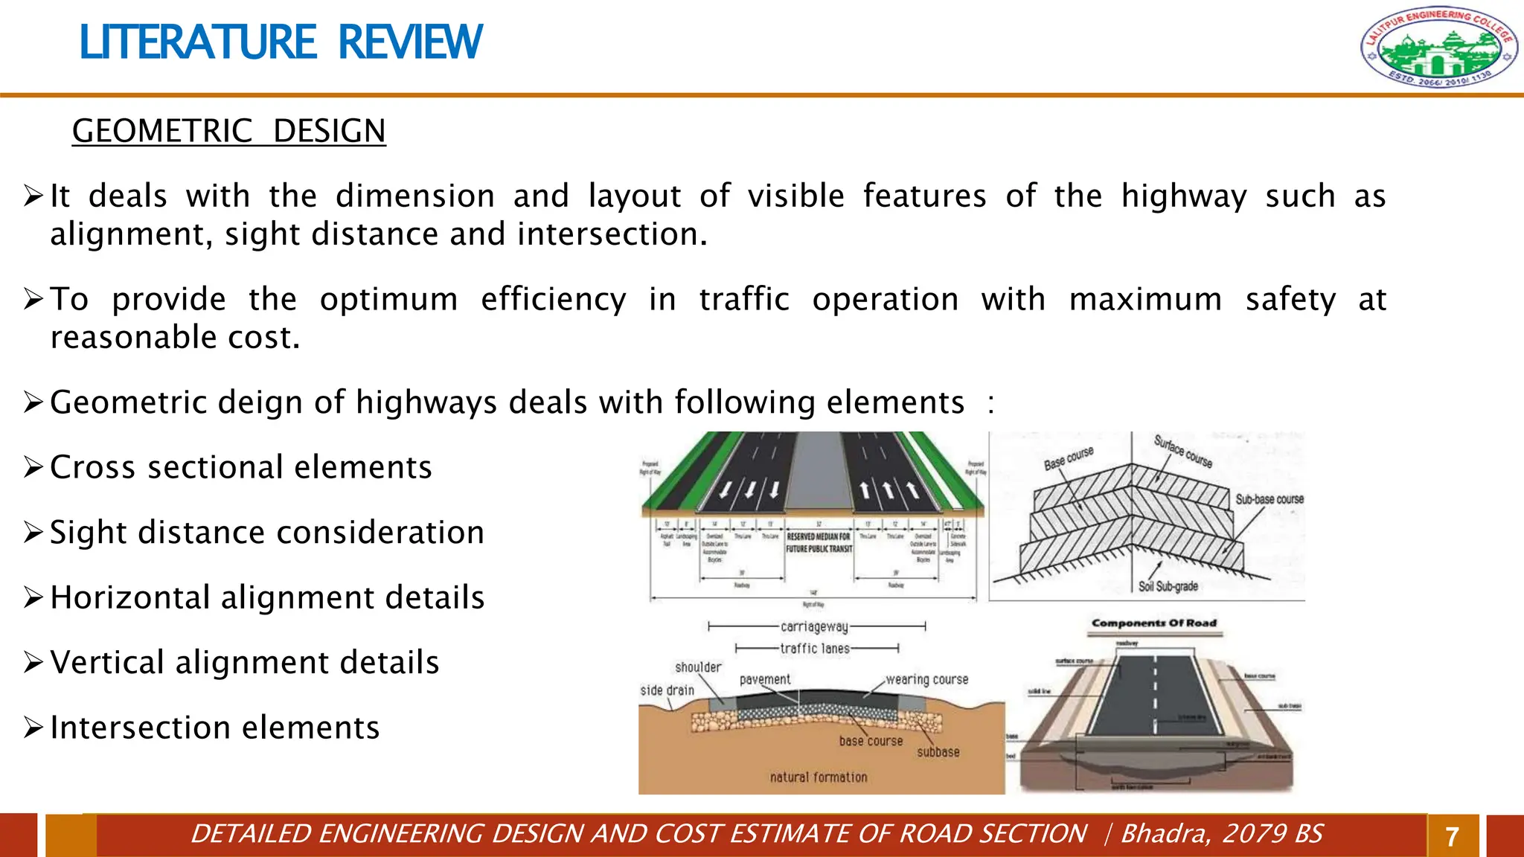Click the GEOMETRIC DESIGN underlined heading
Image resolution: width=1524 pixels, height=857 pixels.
(x=228, y=132)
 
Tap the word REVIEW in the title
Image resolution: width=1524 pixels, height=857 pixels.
(x=410, y=42)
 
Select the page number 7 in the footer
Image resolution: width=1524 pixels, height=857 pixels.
(x=1452, y=837)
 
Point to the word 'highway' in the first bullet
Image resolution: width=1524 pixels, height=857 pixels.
(x=1183, y=196)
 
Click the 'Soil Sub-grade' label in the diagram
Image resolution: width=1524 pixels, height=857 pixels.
(x=1168, y=586)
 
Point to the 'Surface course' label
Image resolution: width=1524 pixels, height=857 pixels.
(x=1183, y=452)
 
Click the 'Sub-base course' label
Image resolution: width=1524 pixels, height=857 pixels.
(x=1269, y=499)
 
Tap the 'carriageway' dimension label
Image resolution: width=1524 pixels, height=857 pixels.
(x=814, y=627)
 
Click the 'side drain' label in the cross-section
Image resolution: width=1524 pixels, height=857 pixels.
(x=667, y=690)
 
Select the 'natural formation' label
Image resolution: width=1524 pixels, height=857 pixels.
(x=818, y=777)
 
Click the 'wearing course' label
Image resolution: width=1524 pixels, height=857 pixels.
(x=926, y=679)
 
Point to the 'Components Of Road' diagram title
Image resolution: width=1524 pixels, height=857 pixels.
(x=1153, y=623)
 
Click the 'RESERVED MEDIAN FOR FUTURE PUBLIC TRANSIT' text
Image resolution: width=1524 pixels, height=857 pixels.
(x=819, y=542)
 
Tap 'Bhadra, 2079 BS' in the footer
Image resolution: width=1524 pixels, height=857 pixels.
(x=1221, y=834)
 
